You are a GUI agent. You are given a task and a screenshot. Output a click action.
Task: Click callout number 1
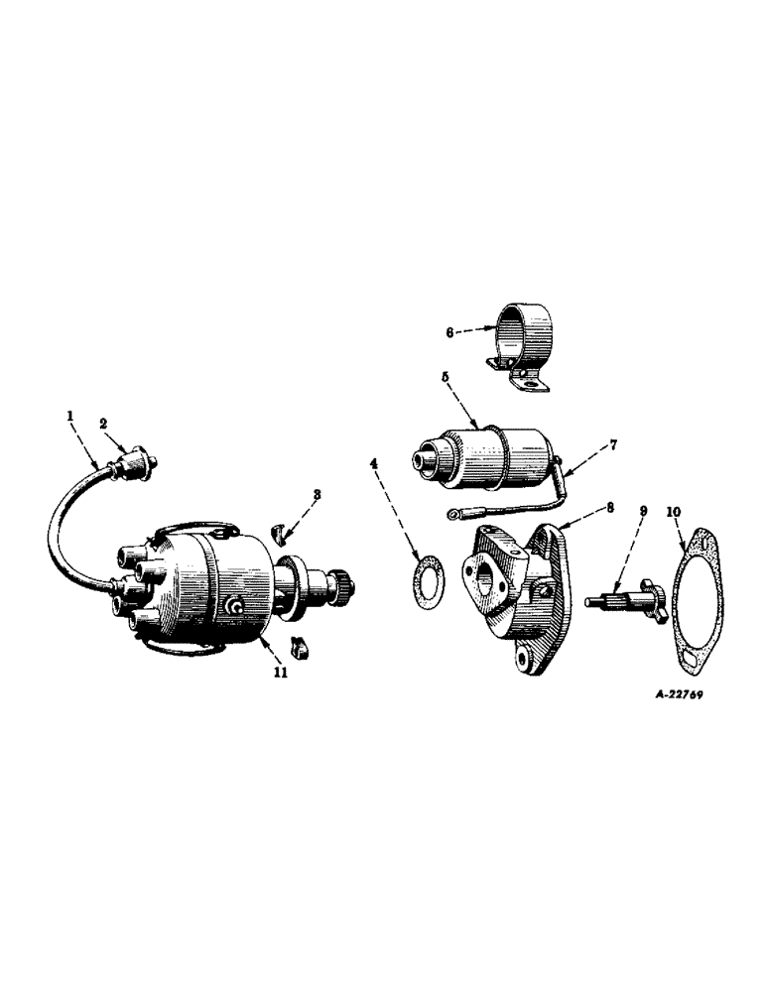click(69, 418)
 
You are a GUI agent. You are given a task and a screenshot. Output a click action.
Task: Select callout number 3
click(318, 493)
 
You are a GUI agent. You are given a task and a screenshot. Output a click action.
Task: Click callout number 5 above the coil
click(447, 378)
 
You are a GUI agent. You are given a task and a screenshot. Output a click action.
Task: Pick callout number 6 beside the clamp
click(449, 333)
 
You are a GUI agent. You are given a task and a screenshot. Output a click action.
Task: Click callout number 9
click(643, 511)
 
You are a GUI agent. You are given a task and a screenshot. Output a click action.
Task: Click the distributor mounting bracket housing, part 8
click(515, 585)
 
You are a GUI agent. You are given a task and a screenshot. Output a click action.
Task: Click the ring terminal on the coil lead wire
click(455, 514)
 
